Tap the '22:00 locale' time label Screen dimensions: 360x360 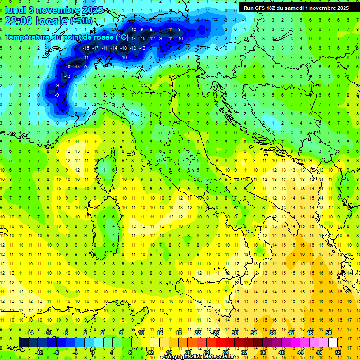(x=37, y=21)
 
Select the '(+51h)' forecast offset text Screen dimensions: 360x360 (x=81, y=22)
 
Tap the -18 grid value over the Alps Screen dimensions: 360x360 (x=124, y=48)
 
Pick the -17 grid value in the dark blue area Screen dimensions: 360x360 (x=95, y=48)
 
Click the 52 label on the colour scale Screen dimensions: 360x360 (x=338, y=352)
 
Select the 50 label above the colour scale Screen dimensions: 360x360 (x=329, y=333)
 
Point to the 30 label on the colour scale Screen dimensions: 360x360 (x=234, y=333)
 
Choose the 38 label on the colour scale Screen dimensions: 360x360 (x=272, y=333)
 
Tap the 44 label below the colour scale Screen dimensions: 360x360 (x=300, y=352)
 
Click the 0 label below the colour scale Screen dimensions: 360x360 (x=93, y=352)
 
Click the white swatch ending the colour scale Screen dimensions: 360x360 (x=333, y=343)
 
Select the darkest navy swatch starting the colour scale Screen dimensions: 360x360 (x=23, y=343)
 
